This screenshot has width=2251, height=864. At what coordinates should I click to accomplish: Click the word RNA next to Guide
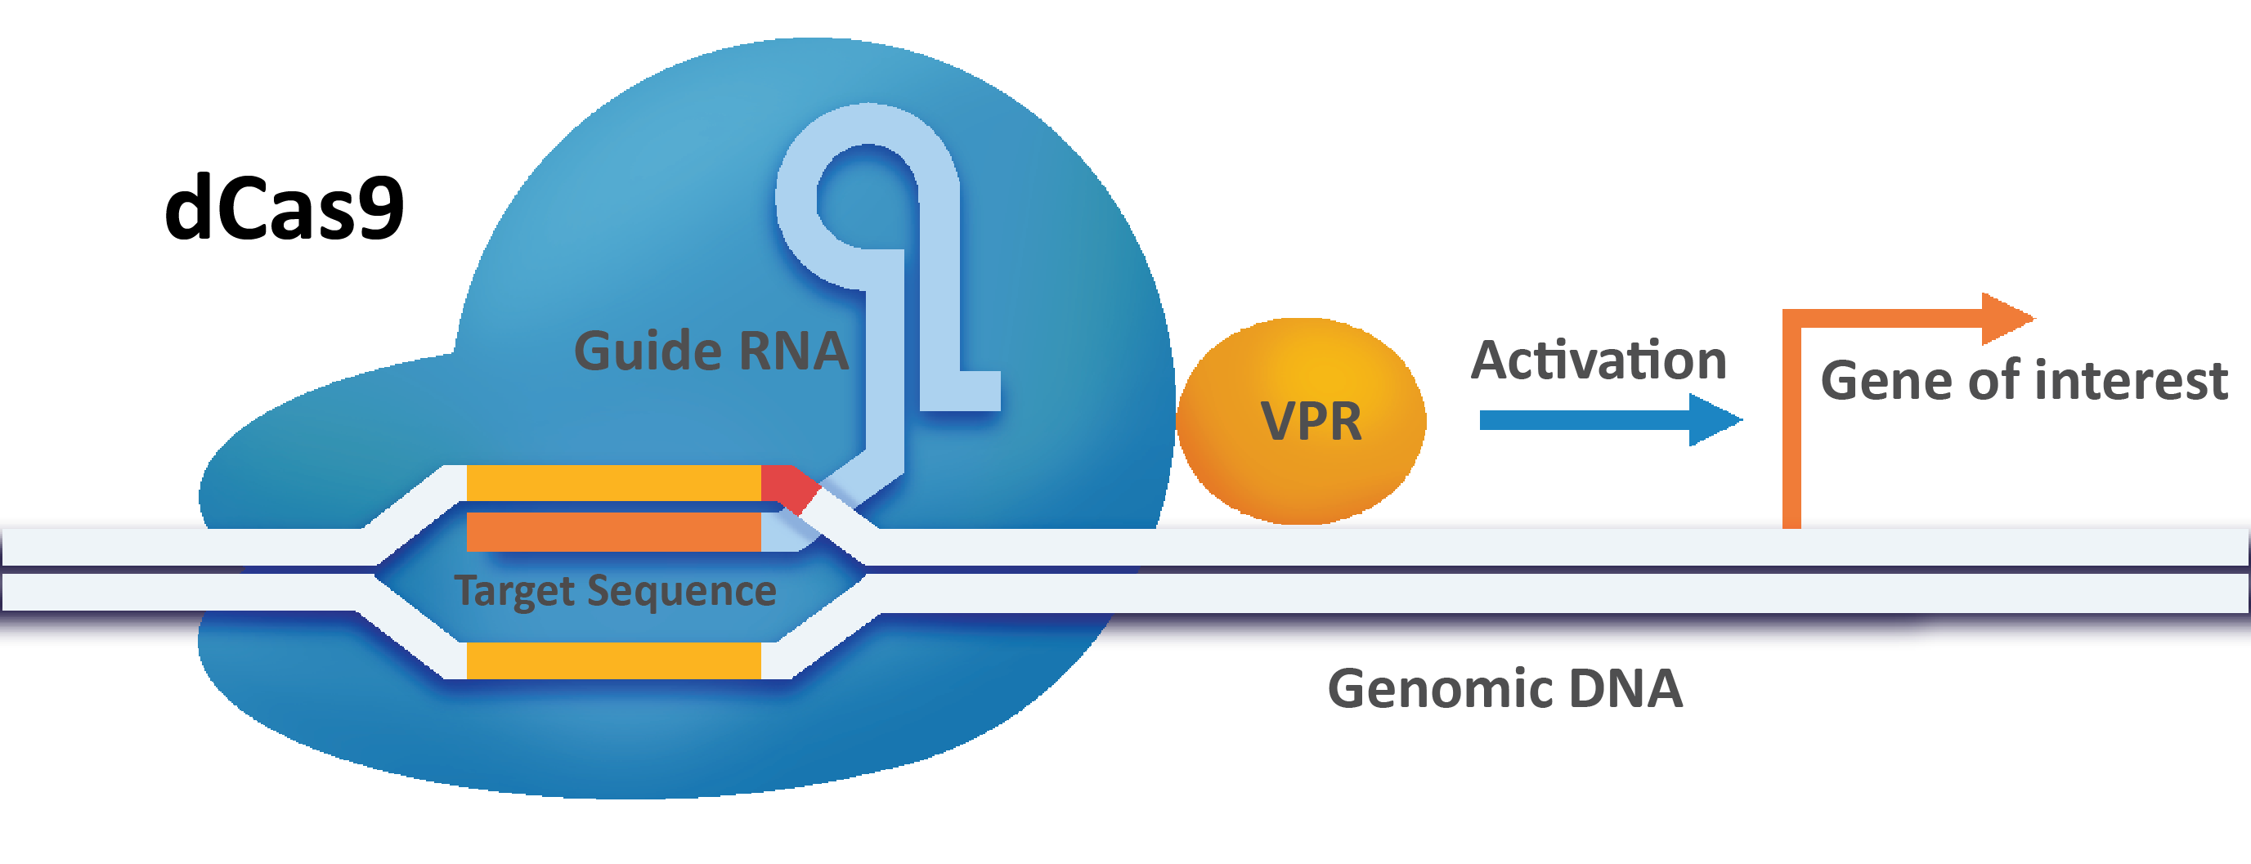(793, 352)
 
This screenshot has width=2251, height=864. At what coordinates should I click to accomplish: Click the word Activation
(1599, 360)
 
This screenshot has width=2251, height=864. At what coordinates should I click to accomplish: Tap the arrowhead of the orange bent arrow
(2007, 319)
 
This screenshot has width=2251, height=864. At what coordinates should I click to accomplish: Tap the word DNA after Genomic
(1626, 688)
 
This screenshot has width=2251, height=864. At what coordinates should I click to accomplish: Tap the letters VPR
(1311, 422)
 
